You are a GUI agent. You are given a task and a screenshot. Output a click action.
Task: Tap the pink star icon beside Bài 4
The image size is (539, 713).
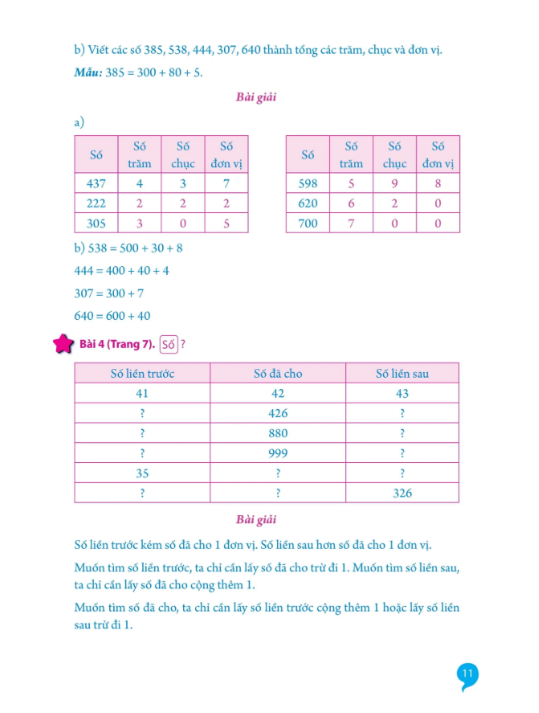coord(63,346)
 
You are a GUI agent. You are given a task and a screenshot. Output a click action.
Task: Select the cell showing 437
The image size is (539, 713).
coord(96,183)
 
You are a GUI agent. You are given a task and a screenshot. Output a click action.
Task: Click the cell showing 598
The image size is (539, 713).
coord(308,183)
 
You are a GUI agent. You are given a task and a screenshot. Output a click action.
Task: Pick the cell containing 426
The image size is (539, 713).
coord(277,413)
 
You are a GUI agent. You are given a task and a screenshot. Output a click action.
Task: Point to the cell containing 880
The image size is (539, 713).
coord(277,433)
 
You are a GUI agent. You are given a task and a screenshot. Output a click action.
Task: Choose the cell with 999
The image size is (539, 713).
coord(277,453)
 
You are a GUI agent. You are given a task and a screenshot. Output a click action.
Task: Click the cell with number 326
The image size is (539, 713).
coord(402,493)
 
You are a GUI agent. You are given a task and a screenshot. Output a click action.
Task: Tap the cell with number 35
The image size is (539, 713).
coord(142,473)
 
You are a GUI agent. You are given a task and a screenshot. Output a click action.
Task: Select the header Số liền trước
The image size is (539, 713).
coord(142,373)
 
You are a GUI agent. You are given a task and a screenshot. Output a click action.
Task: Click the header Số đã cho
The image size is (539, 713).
coord(277,373)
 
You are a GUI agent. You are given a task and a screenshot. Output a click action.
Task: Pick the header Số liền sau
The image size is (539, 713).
coord(402,373)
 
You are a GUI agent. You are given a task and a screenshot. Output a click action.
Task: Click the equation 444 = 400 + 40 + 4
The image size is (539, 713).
coord(121,271)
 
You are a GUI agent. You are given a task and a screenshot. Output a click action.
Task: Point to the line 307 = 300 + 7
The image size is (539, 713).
coord(108,293)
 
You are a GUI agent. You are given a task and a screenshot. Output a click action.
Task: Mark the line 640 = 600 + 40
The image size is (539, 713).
coord(112,316)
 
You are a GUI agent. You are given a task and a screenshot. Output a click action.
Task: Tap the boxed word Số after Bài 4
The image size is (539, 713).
coord(168,346)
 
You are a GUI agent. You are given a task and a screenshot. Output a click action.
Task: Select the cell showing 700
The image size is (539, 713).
coord(308,223)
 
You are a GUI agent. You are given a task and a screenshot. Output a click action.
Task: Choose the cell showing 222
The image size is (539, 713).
coord(96,203)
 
